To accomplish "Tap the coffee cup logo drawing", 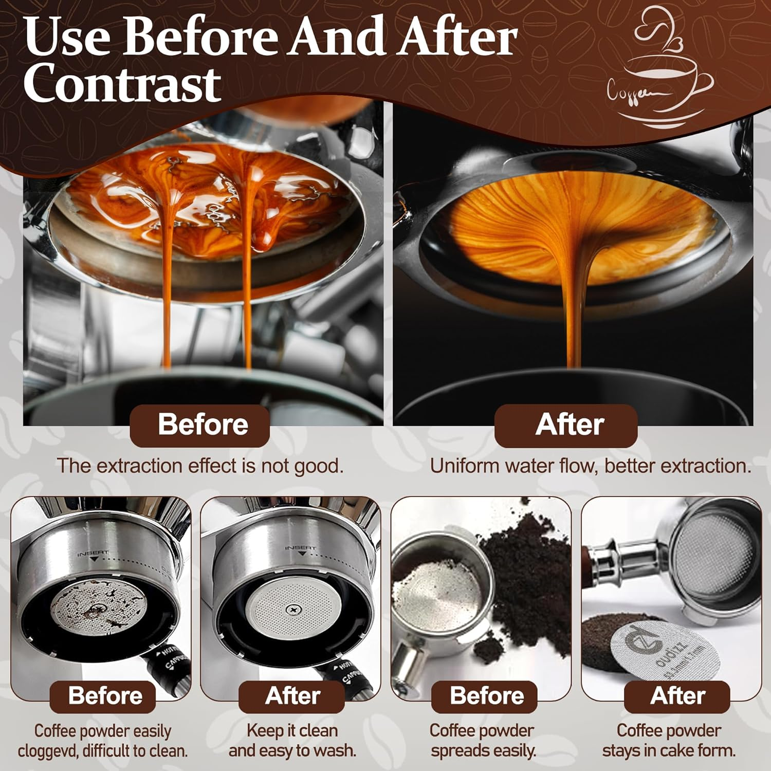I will click(660, 72).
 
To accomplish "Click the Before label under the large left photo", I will click(202, 425).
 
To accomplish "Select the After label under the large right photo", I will click(569, 425).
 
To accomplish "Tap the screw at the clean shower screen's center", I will click(294, 610).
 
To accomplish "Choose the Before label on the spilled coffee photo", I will click(486, 695).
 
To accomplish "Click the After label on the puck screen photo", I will click(677, 695).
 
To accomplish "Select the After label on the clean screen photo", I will click(292, 695).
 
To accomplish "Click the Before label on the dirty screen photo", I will click(105, 695).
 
